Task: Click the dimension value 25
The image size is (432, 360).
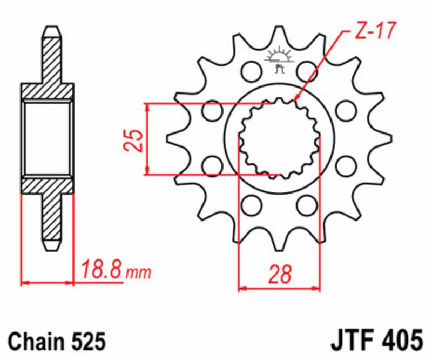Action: coord(137,139)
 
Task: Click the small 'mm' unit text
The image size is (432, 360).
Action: coord(139,271)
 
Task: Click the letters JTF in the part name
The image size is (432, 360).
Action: coord(352,342)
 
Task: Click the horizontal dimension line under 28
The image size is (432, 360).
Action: coord(279,289)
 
